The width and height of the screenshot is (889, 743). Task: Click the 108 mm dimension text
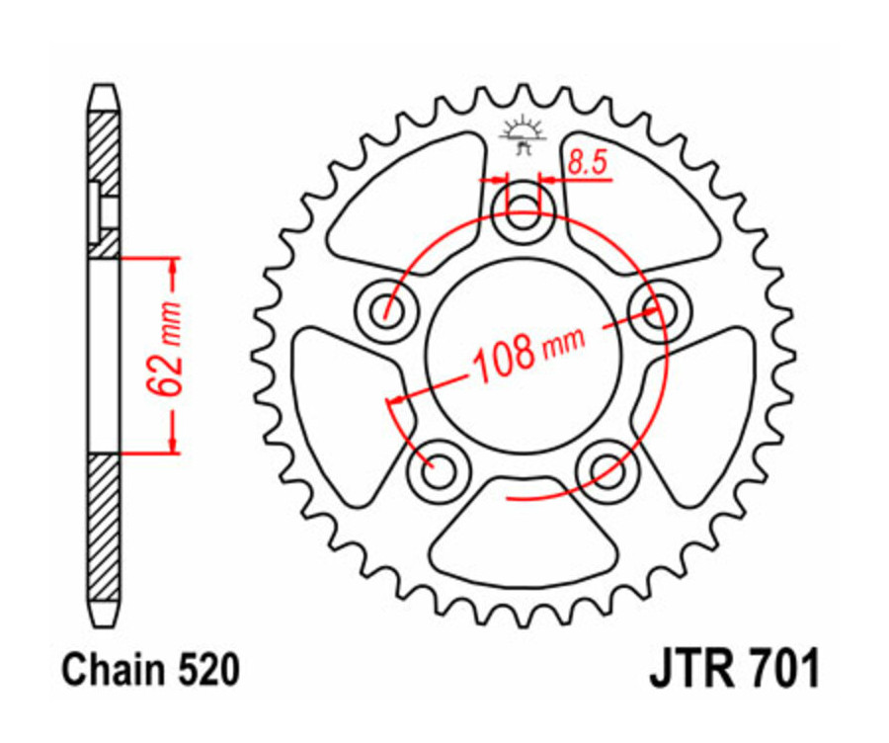(527, 352)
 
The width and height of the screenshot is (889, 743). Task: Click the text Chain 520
(150, 671)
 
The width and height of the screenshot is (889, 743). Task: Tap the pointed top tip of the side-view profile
(104, 89)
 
